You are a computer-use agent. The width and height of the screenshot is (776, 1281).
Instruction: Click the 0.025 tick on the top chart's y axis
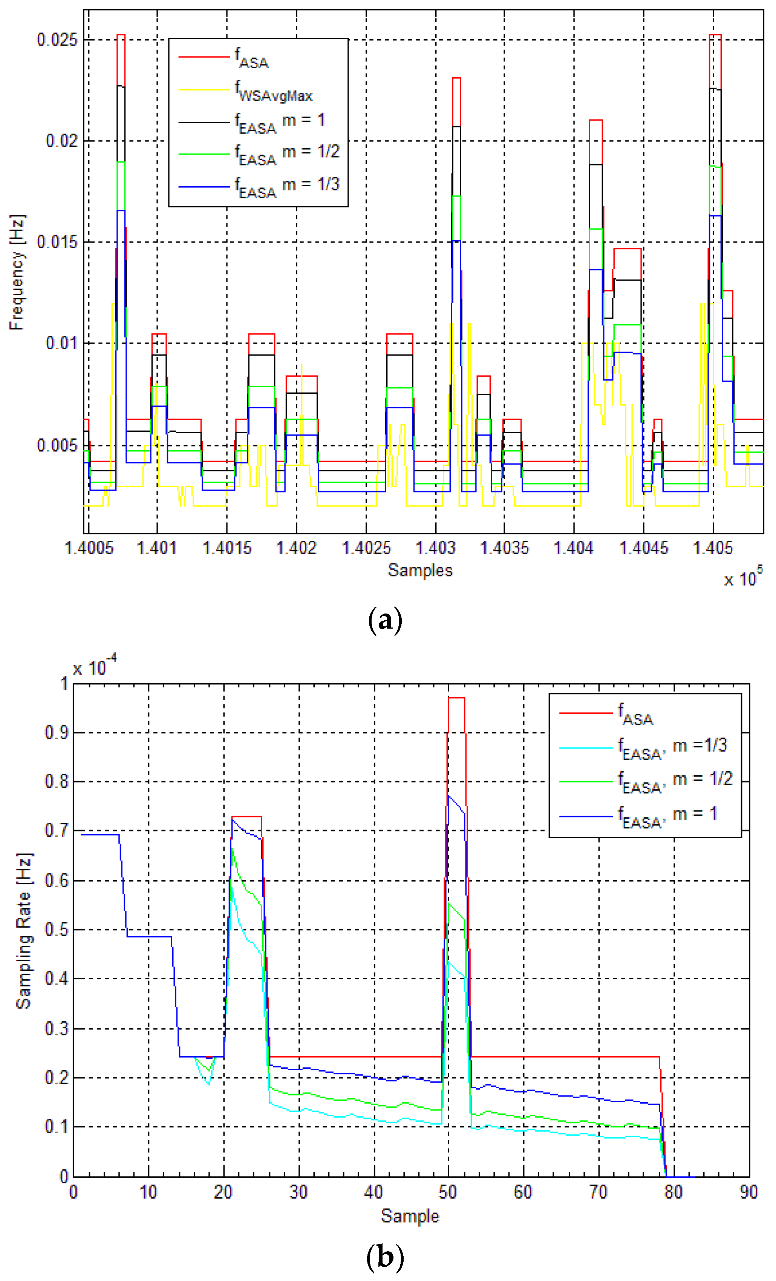[x=57, y=40]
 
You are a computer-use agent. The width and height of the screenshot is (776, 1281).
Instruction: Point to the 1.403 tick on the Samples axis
[x=436, y=548]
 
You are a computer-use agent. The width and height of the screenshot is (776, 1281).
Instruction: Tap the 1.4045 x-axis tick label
[x=643, y=548]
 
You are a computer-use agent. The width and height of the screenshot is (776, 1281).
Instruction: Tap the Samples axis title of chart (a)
[x=420, y=570]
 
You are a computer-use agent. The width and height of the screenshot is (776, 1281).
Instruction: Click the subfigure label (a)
[x=385, y=620]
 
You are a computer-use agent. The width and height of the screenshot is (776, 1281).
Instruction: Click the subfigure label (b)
[x=385, y=1257]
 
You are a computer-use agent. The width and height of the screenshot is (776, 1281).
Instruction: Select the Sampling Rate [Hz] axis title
[x=24, y=931]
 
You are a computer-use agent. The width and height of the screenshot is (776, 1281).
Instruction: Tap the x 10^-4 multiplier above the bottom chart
[x=95, y=666]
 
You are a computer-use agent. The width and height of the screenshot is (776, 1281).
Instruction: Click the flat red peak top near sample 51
[x=456, y=698]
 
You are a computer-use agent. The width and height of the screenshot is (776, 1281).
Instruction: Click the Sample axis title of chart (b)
[x=410, y=1216]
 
